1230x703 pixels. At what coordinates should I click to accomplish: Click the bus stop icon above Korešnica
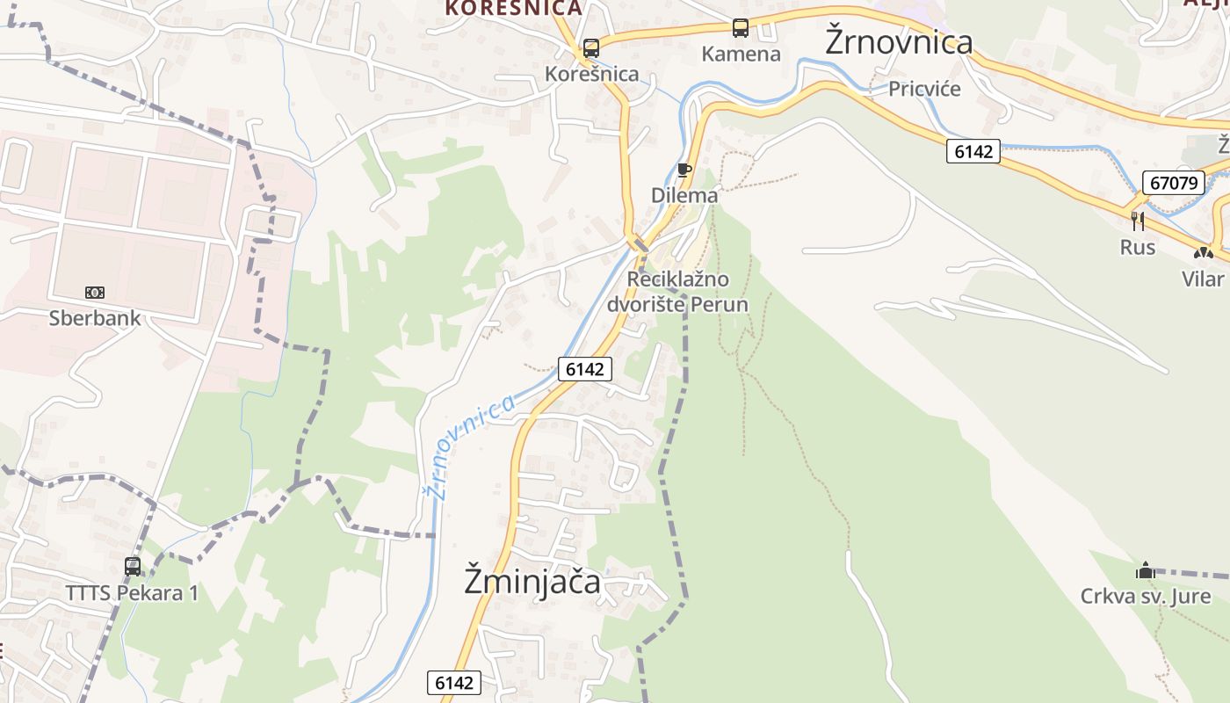click(591, 47)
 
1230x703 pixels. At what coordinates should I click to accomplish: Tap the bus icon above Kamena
click(741, 28)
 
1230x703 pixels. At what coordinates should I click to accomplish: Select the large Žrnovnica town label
click(899, 42)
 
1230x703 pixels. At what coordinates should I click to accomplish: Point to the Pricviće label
click(924, 89)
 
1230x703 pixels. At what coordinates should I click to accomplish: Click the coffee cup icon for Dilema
click(684, 170)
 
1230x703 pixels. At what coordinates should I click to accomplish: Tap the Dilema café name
click(684, 195)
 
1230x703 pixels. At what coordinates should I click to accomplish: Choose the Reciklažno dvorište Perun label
click(677, 293)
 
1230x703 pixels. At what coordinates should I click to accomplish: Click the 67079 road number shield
click(1173, 183)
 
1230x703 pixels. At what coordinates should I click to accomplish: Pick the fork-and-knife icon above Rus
click(1138, 221)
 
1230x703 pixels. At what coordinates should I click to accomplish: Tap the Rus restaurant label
click(1138, 248)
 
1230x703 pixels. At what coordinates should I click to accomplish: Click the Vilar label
click(1203, 279)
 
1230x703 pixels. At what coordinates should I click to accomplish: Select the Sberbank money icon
click(94, 292)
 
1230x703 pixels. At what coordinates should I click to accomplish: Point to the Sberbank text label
click(95, 317)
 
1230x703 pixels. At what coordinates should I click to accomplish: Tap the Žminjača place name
click(532, 582)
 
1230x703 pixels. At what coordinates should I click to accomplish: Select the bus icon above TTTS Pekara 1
click(133, 566)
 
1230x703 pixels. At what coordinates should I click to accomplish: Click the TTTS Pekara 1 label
click(132, 593)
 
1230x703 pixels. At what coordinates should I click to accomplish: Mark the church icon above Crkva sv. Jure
click(1145, 570)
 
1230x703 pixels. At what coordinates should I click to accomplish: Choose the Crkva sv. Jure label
click(1146, 597)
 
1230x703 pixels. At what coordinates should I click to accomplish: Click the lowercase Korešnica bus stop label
click(592, 74)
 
